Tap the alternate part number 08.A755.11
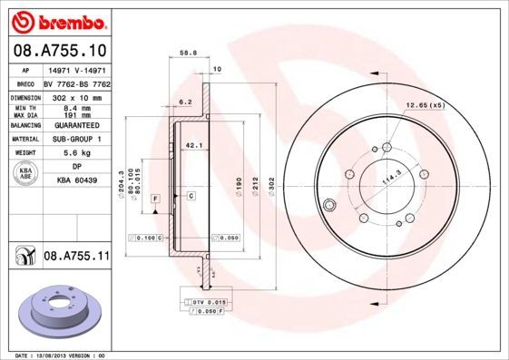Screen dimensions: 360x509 pyautogui.click(x=76, y=258)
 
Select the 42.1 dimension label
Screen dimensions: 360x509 pyautogui.click(x=192, y=143)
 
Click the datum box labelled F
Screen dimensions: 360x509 pyautogui.click(x=155, y=197)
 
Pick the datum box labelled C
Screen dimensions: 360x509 pyautogui.click(x=191, y=196)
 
